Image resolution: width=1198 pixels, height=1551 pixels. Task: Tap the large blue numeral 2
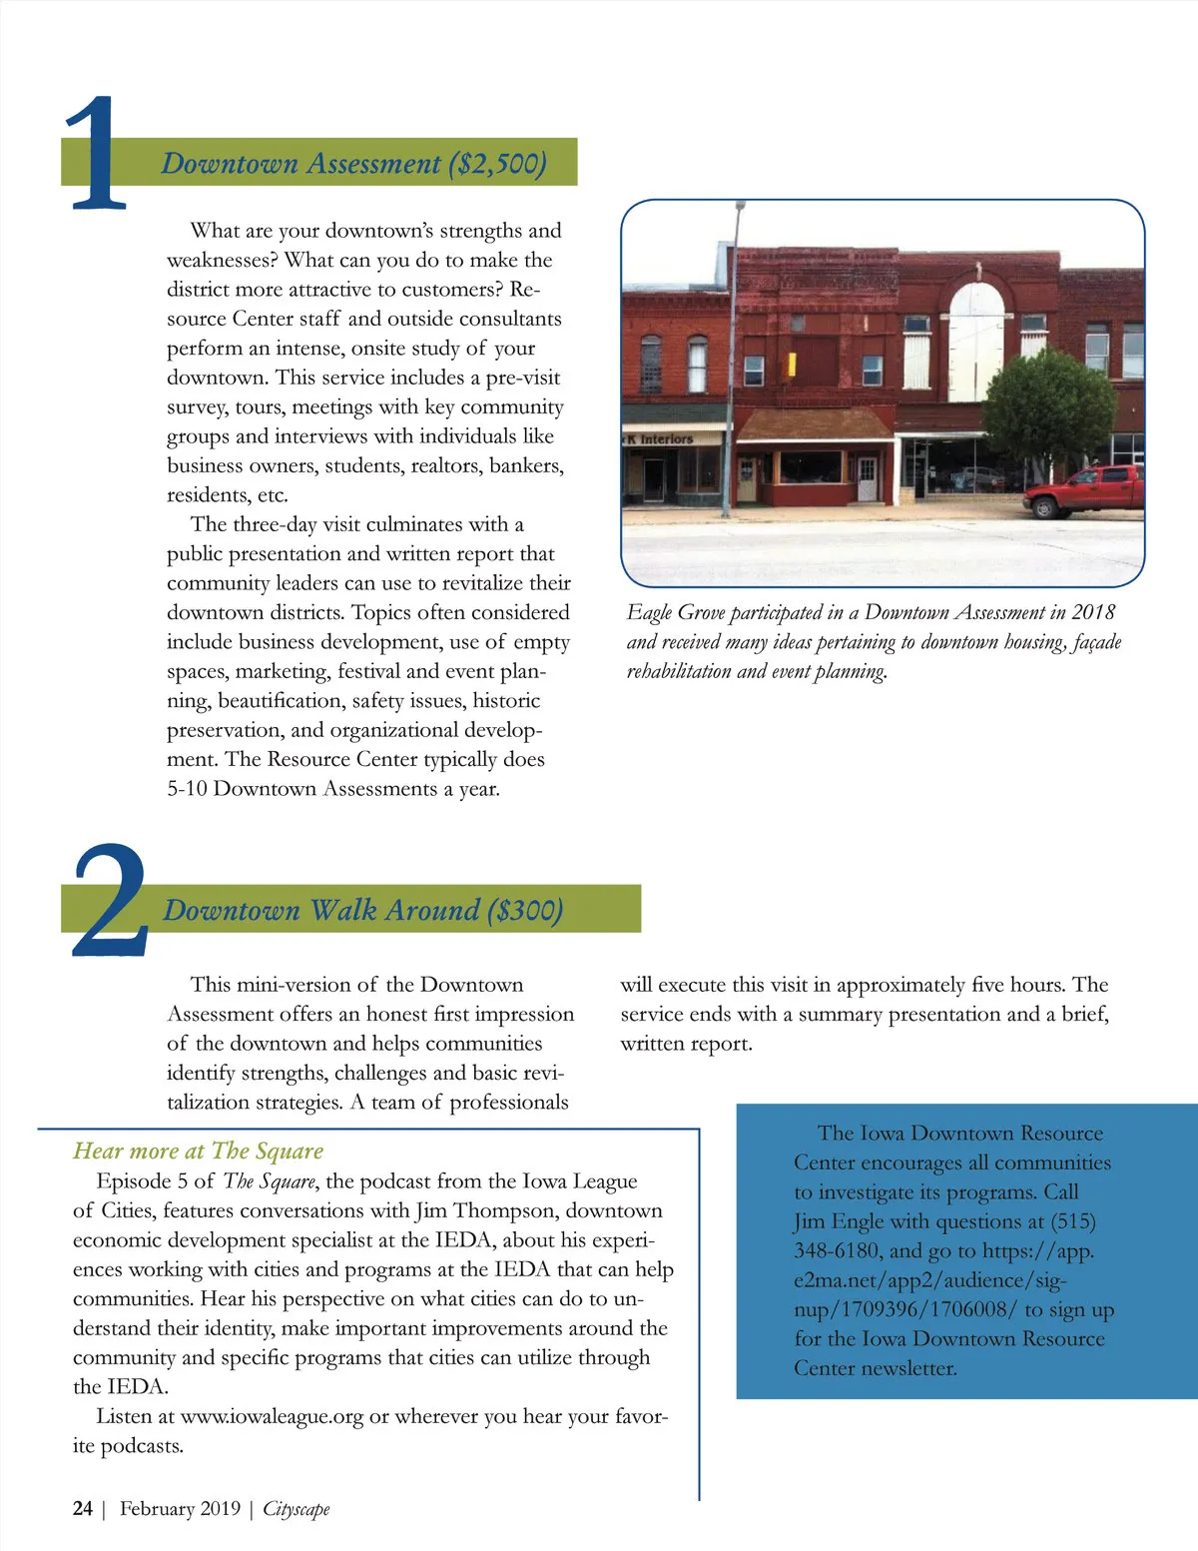pyautogui.click(x=108, y=901)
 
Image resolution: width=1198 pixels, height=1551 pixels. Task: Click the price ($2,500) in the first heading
pyautogui.click(x=497, y=164)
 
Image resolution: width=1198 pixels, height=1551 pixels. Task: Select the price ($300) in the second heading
pyautogui.click(x=525, y=910)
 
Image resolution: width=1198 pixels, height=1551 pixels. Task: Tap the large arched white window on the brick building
pyautogui.click(x=975, y=340)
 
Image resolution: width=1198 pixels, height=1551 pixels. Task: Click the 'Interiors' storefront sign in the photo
pyautogui.click(x=664, y=438)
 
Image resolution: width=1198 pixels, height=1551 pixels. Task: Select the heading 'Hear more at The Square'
pyautogui.click(x=198, y=1151)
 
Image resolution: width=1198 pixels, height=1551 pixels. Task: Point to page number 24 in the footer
pyautogui.click(x=83, y=1508)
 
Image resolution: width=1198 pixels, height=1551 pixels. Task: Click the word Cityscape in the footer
pyautogui.click(x=296, y=1508)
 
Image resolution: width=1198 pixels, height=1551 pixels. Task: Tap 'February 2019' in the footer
pyautogui.click(x=180, y=1508)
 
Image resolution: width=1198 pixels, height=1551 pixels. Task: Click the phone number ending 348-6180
pyautogui.click(x=837, y=1250)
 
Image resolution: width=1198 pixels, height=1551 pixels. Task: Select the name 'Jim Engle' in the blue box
pyautogui.click(x=838, y=1221)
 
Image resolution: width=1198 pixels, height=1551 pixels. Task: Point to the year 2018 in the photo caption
pyautogui.click(x=1092, y=612)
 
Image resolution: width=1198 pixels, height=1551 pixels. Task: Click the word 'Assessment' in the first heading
pyautogui.click(x=373, y=164)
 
